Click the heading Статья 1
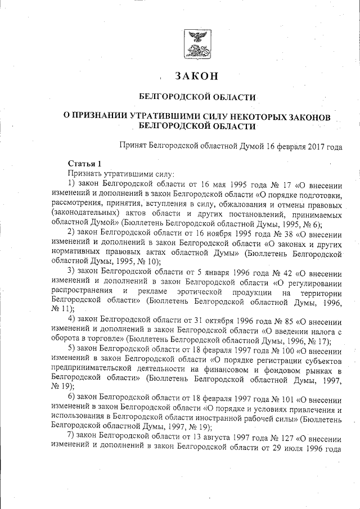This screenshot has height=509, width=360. click(84, 164)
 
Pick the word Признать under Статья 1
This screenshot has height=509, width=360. click(85, 173)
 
